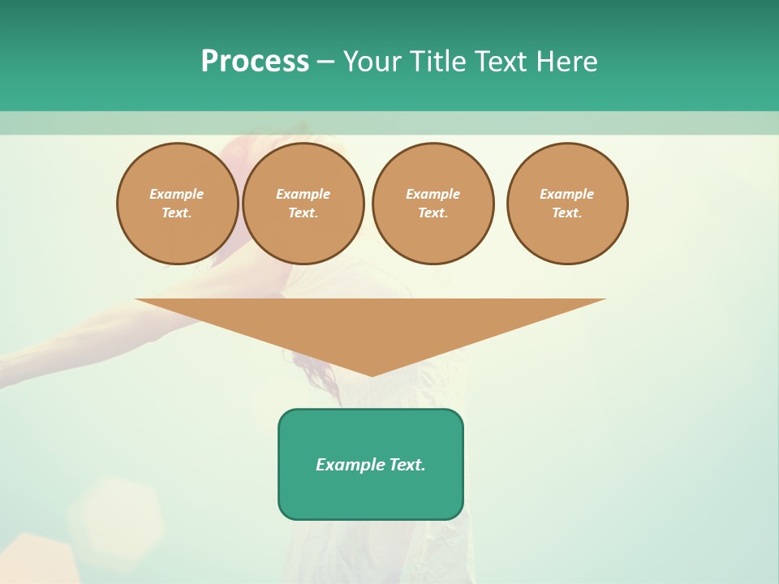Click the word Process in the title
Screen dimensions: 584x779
pyautogui.click(x=255, y=62)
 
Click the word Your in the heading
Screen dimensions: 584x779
pyautogui.click(x=372, y=62)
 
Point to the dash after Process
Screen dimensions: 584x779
pyautogui.click(x=325, y=62)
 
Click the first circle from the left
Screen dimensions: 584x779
pyautogui.click(x=178, y=204)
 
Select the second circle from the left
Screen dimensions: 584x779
pyautogui.click(x=303, y=204)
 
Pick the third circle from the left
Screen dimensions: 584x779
pyautogui.click(x=433, y=204)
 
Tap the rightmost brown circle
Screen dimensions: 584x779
pyautogui.click(x=567, y=204)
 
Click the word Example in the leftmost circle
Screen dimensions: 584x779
pyautogui.click(x=177, y=194)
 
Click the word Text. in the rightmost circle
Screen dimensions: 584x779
pyautogui.click(x=567, y=213)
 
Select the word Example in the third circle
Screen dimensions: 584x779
pyautogui.click(x=433, y=194)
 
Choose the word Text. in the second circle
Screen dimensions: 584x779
pyautogui.click(x=303, y=213)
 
